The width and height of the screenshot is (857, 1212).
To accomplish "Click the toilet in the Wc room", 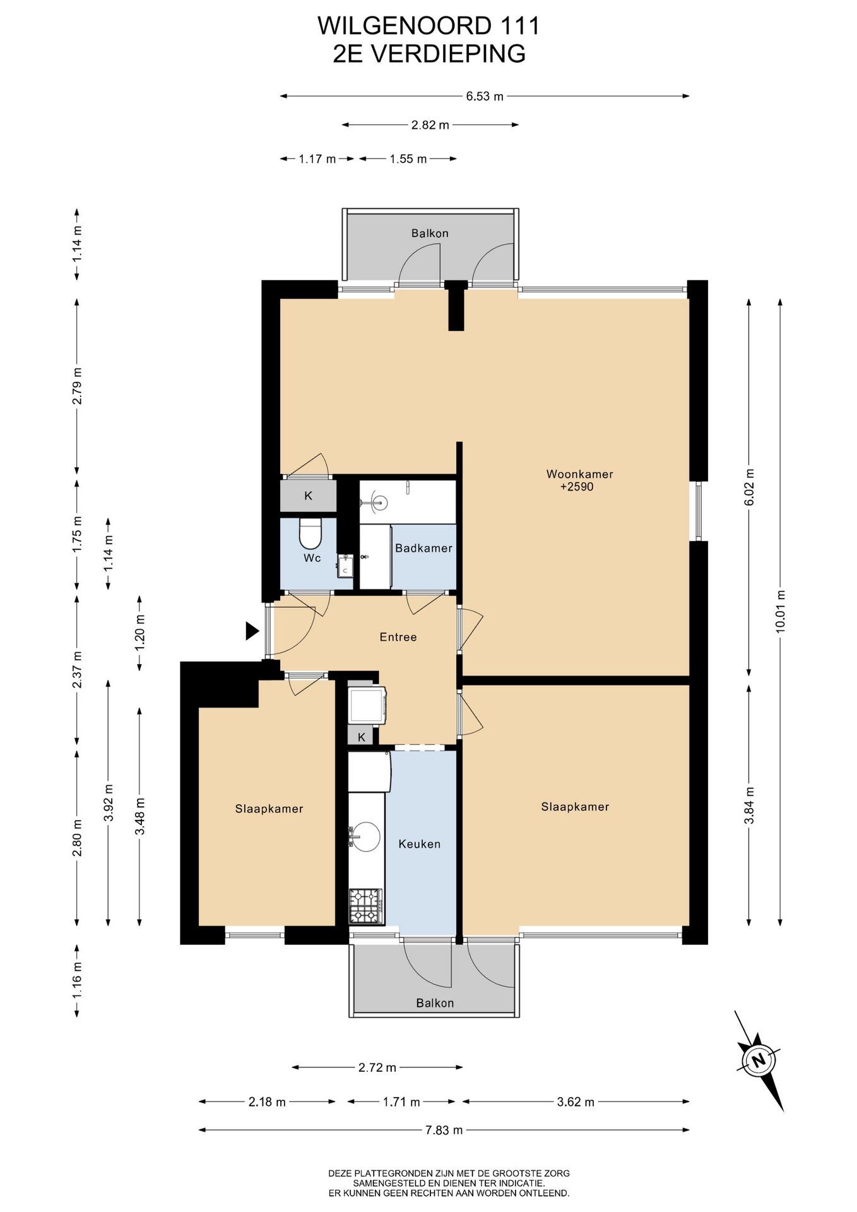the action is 310,533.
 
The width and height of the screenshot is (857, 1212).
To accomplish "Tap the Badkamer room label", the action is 423,548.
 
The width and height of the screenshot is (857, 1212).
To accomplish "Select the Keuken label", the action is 419,844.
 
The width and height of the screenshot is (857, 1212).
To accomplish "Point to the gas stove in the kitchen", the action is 366,906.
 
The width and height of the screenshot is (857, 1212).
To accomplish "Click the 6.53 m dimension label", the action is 485,97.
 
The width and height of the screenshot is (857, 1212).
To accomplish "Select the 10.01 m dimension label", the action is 781,611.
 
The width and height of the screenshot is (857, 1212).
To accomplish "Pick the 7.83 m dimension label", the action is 444,1130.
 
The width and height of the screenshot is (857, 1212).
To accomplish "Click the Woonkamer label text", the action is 579,474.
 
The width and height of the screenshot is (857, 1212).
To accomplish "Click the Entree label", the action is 398,637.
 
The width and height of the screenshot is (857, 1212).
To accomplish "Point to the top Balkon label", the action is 430,233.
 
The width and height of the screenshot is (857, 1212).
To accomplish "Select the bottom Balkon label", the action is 435,1003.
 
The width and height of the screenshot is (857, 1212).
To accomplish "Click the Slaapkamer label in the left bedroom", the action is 269,809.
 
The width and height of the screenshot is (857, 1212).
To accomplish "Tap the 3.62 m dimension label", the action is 576,1102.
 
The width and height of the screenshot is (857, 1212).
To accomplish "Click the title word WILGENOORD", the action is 404,26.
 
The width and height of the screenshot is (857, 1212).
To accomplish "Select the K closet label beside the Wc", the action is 308,496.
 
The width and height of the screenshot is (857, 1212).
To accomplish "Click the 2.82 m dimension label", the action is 430,125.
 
